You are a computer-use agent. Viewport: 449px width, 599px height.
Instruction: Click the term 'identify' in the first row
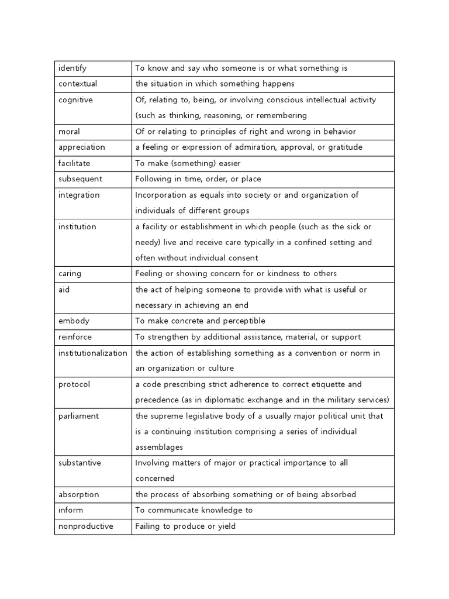pos(72,68)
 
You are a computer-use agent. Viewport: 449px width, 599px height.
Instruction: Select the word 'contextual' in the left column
pos(78,84)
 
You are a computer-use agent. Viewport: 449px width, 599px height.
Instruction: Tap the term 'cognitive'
pos(75,100)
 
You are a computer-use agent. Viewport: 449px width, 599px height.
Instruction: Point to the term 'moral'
pos(68,132)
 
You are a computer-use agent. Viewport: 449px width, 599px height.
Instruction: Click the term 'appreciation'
pos(82,147)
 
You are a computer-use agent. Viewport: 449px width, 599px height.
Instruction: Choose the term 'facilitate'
pos(74,163)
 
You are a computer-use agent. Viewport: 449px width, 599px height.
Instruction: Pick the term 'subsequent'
pos(80,179)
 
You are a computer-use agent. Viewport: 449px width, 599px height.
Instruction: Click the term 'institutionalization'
pos(93,353)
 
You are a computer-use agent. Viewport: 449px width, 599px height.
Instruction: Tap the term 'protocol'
pos(74,384)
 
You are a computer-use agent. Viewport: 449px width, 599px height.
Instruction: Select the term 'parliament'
pos(78,416)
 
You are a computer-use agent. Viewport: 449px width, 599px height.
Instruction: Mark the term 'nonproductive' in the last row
pos(86,526)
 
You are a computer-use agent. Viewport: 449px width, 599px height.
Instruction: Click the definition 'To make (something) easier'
pos(188,163)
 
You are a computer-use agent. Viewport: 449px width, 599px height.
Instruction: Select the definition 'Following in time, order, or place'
pos(198,179)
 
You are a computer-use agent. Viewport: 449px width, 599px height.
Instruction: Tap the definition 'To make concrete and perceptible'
pos(200,321)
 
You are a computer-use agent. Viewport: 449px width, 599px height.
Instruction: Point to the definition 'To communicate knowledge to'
pos(194,510)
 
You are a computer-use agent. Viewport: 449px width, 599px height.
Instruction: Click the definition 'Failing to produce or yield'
pos(185,526)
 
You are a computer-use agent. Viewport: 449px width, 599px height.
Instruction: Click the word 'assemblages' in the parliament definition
pos(158,447)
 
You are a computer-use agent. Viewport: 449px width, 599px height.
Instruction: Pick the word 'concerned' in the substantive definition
pos(155,478)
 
